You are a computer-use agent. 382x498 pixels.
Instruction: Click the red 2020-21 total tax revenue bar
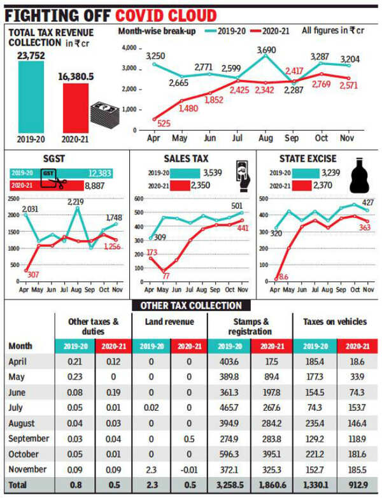76,106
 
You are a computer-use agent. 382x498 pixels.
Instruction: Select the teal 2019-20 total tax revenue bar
31,96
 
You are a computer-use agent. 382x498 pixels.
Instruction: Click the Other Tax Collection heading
190,306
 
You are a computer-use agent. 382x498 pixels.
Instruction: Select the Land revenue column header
171,322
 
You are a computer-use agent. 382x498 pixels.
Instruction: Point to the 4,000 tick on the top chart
129,48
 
